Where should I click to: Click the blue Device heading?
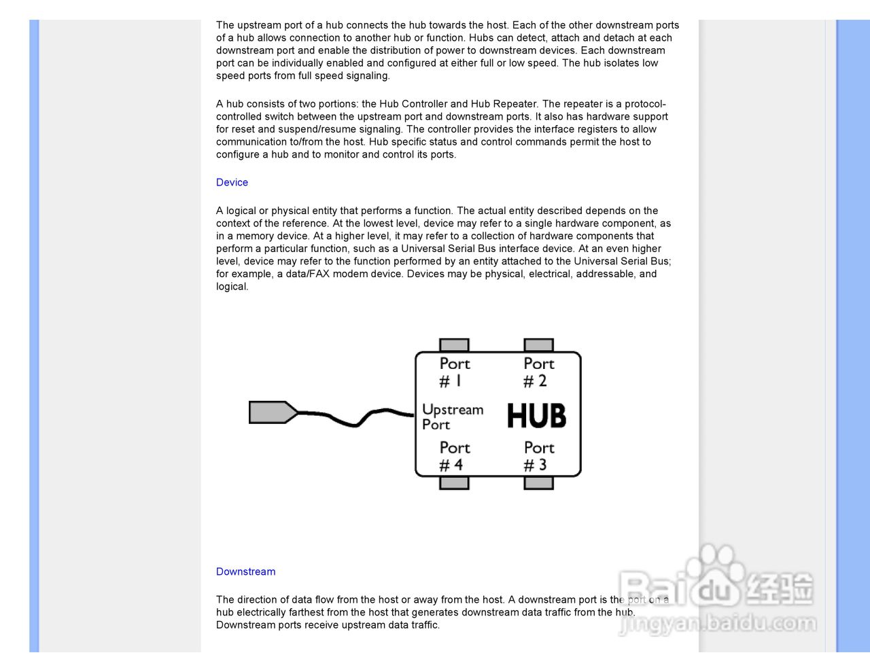pyautogui.click(x=232, y=182)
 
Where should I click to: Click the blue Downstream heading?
pyautogui.click(x=245, y=571)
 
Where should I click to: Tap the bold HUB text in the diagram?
pyautogui.click(x=536, y=416)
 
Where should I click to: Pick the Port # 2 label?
pyautogui.click(x=538, y=372)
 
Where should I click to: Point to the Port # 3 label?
pyautogui.click(x=538, y=456)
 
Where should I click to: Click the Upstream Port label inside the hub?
pyautogui.click(x=452, y=417)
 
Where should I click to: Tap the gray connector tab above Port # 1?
pyautogui.click(x=454, y=344)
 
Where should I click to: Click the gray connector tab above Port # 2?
pyautogui.click(x=538, y=344)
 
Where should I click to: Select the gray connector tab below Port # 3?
pyautogui.click(x=538, y=483)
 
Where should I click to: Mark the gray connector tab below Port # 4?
pyautogui.click(x=454, y=483)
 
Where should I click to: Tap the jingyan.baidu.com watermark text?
pyautogui.click(x=717, y=623)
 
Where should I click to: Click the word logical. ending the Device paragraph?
pyautogui.click(x=232, y=287)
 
